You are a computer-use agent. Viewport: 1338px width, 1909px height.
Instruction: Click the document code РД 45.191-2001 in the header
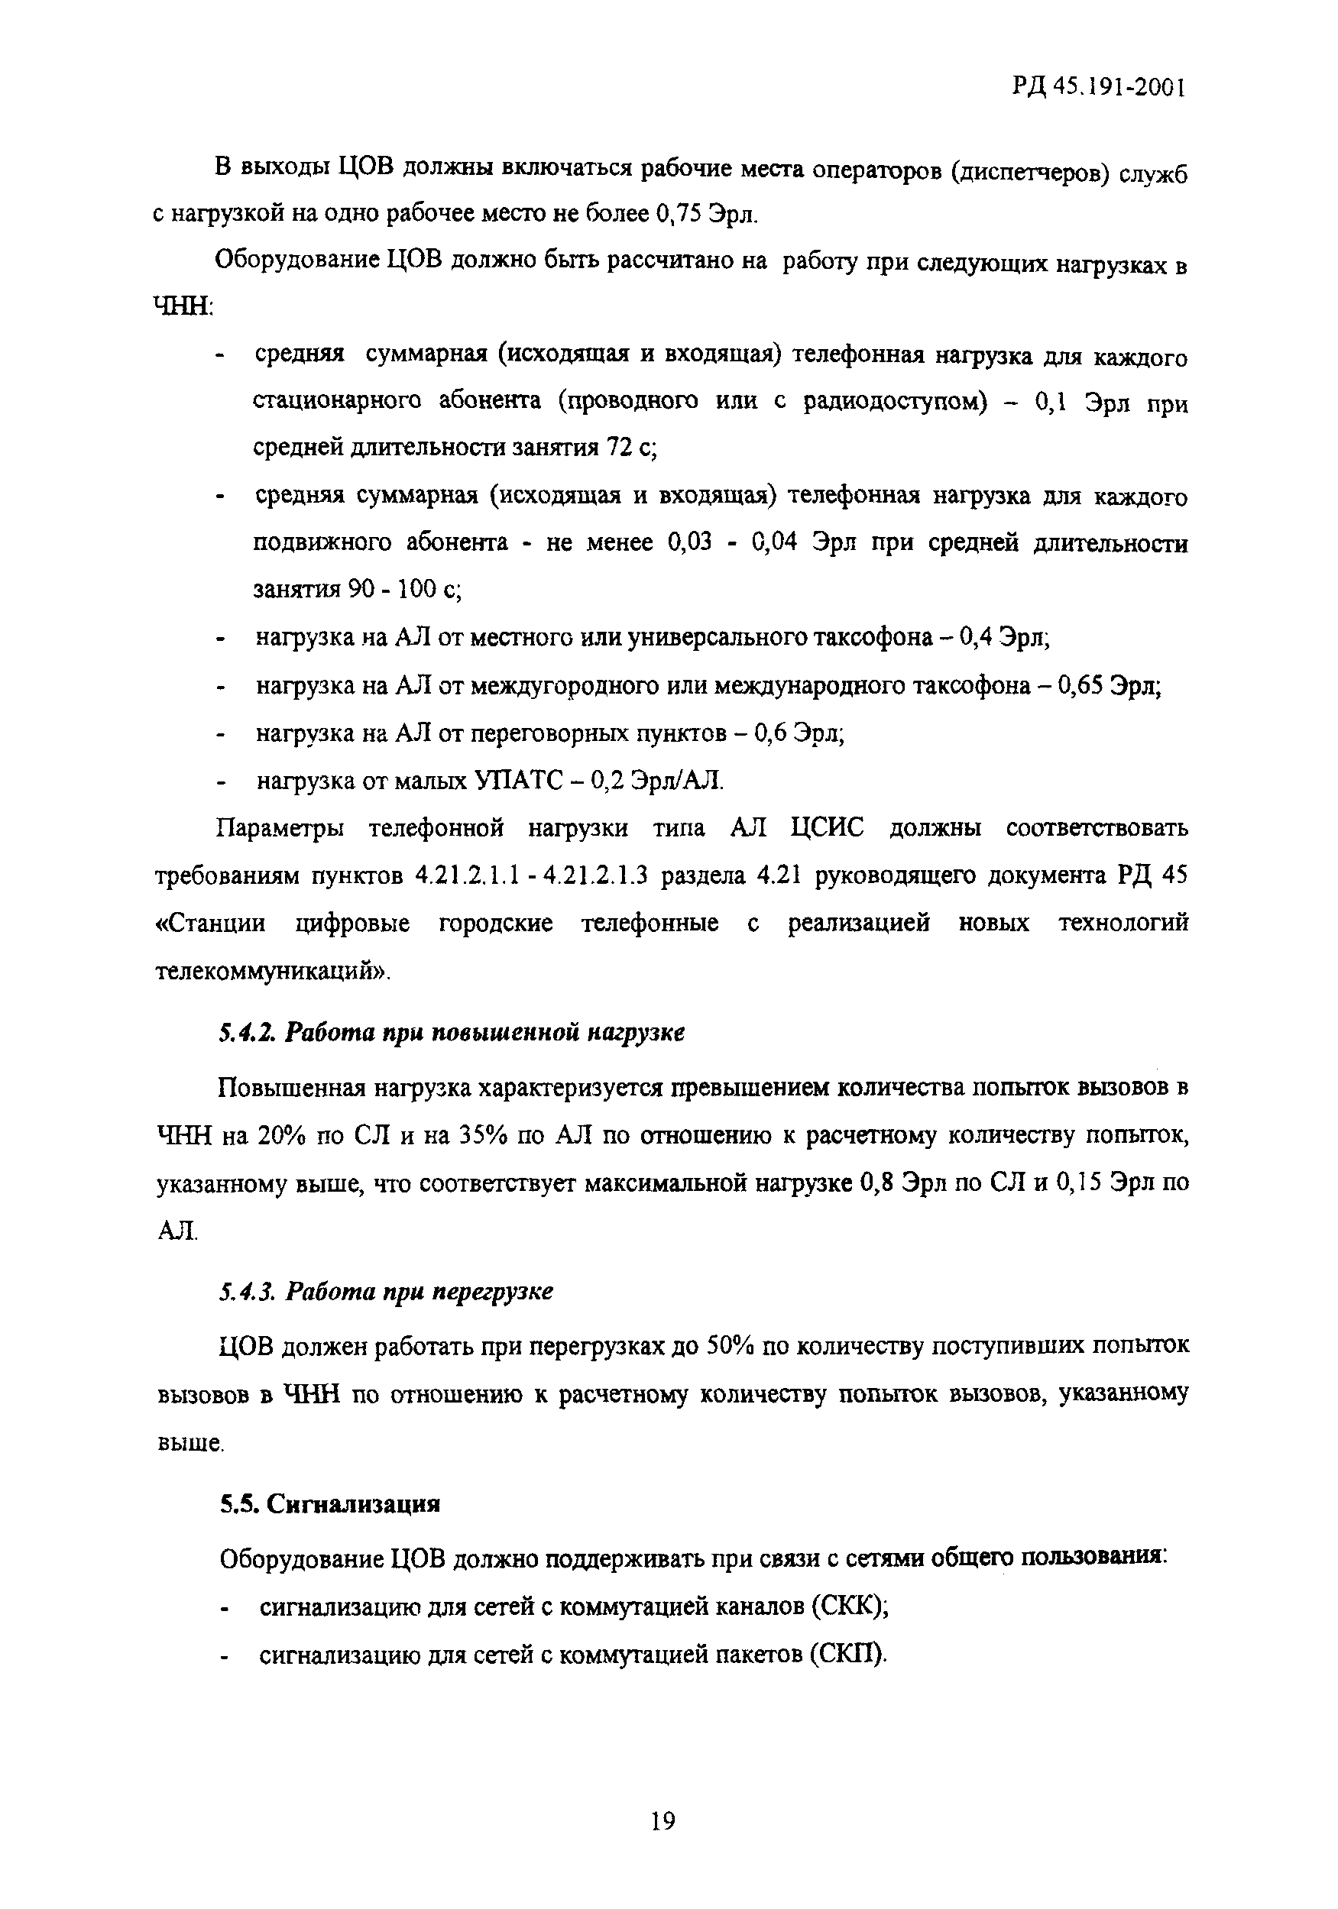[1097, 87]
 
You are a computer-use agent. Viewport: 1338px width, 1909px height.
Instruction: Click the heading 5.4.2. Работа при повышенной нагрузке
[452, 1033]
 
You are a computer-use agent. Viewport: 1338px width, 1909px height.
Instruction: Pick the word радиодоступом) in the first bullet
[895, 403]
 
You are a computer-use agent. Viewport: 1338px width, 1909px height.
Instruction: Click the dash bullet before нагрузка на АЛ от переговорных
[221, 735]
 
